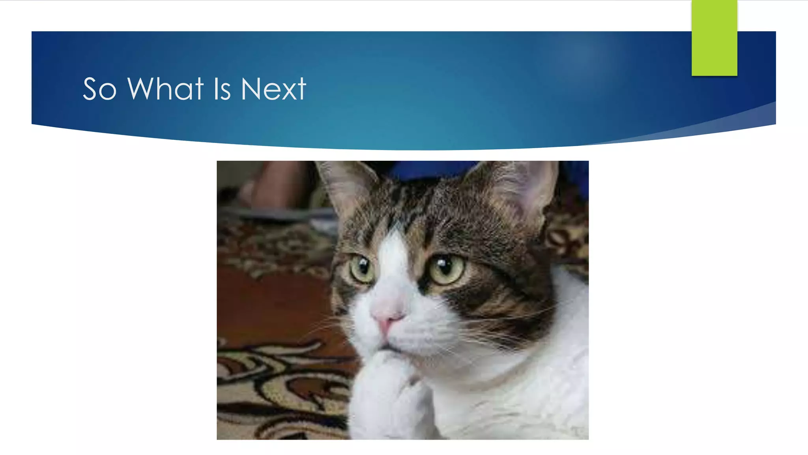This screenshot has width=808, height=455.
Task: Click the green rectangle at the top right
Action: tap(714, 38)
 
